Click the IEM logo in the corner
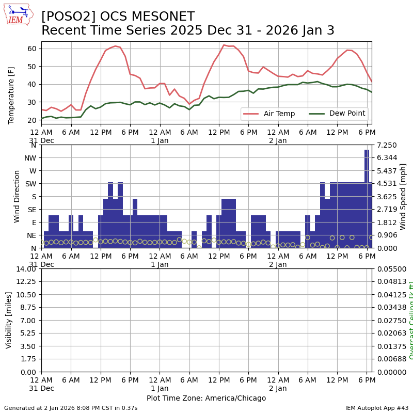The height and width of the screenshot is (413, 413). point(18,14)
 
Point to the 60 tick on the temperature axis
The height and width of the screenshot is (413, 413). point(32,49)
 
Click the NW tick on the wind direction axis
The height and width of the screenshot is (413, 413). point(30,158)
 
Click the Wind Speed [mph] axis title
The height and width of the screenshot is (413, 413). point(403,196)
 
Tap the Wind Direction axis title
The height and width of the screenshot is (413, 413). point(17,196)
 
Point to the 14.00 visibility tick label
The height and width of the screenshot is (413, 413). point(26,269)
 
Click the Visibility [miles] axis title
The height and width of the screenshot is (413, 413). point(9,320)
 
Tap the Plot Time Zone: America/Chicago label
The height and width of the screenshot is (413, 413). point(206,398)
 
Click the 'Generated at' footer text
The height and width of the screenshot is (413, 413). point(71,408)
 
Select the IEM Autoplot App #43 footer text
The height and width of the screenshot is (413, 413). point(377,408)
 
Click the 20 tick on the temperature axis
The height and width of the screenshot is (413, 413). point(32,120)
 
